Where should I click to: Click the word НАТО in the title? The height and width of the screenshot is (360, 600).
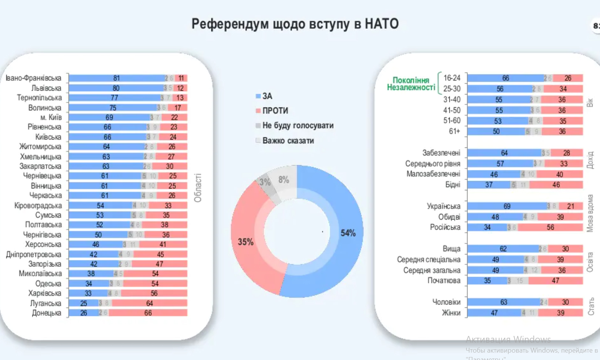click(x=381, y=24)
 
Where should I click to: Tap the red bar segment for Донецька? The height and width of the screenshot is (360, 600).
click(x=148, y=313)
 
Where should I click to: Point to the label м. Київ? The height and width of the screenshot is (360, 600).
click(x=51, y=117)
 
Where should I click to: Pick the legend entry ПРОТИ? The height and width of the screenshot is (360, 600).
click(x=275, y=111)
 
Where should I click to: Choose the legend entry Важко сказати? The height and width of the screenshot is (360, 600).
click(x=288, y=141)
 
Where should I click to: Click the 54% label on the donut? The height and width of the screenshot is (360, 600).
click(x=348, y=233)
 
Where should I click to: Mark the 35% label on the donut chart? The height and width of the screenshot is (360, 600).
click(x=245, y=242)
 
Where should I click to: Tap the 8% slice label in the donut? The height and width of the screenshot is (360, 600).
click(x=284, y=180)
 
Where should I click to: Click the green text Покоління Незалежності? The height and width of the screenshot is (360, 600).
click(x=411, y=84)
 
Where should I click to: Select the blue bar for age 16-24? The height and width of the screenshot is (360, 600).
click(x=506, y=78)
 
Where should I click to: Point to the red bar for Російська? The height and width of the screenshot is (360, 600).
click(x=550, y=227)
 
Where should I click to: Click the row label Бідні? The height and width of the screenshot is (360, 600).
click(x=452, y=185)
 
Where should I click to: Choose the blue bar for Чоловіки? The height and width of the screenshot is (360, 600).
click(x=503, y=302)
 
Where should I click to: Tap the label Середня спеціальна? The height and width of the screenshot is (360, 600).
click(x=429, y=260)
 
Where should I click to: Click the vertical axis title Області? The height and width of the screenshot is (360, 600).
click(x=198, y=188)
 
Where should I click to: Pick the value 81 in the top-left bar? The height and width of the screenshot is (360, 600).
click(x=116, y=78)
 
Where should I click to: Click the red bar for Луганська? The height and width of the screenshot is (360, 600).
click(x=150, y=303)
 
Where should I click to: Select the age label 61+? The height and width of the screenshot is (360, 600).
click(x=454, y=131)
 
